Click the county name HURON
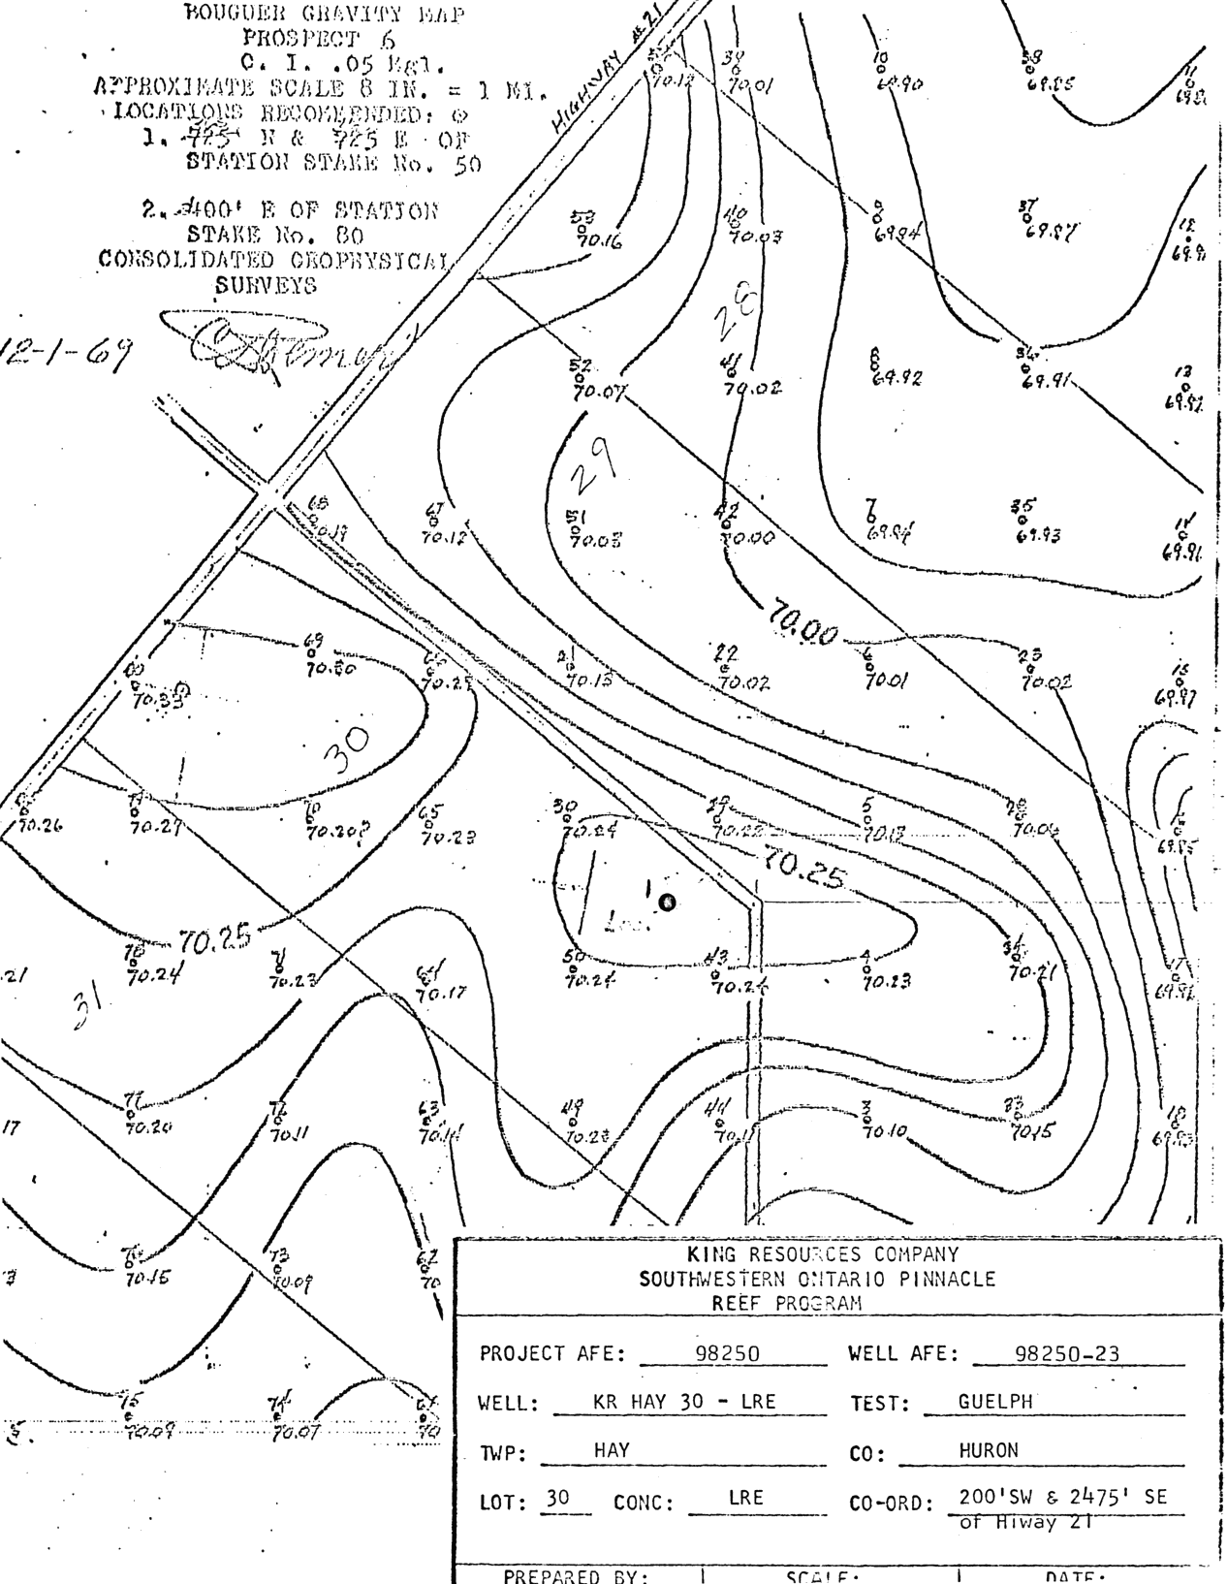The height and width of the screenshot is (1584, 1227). (989, 1450)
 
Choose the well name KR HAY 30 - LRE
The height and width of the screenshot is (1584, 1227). (683, 1401)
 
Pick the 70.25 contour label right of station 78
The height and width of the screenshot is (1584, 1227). (215, 937)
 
